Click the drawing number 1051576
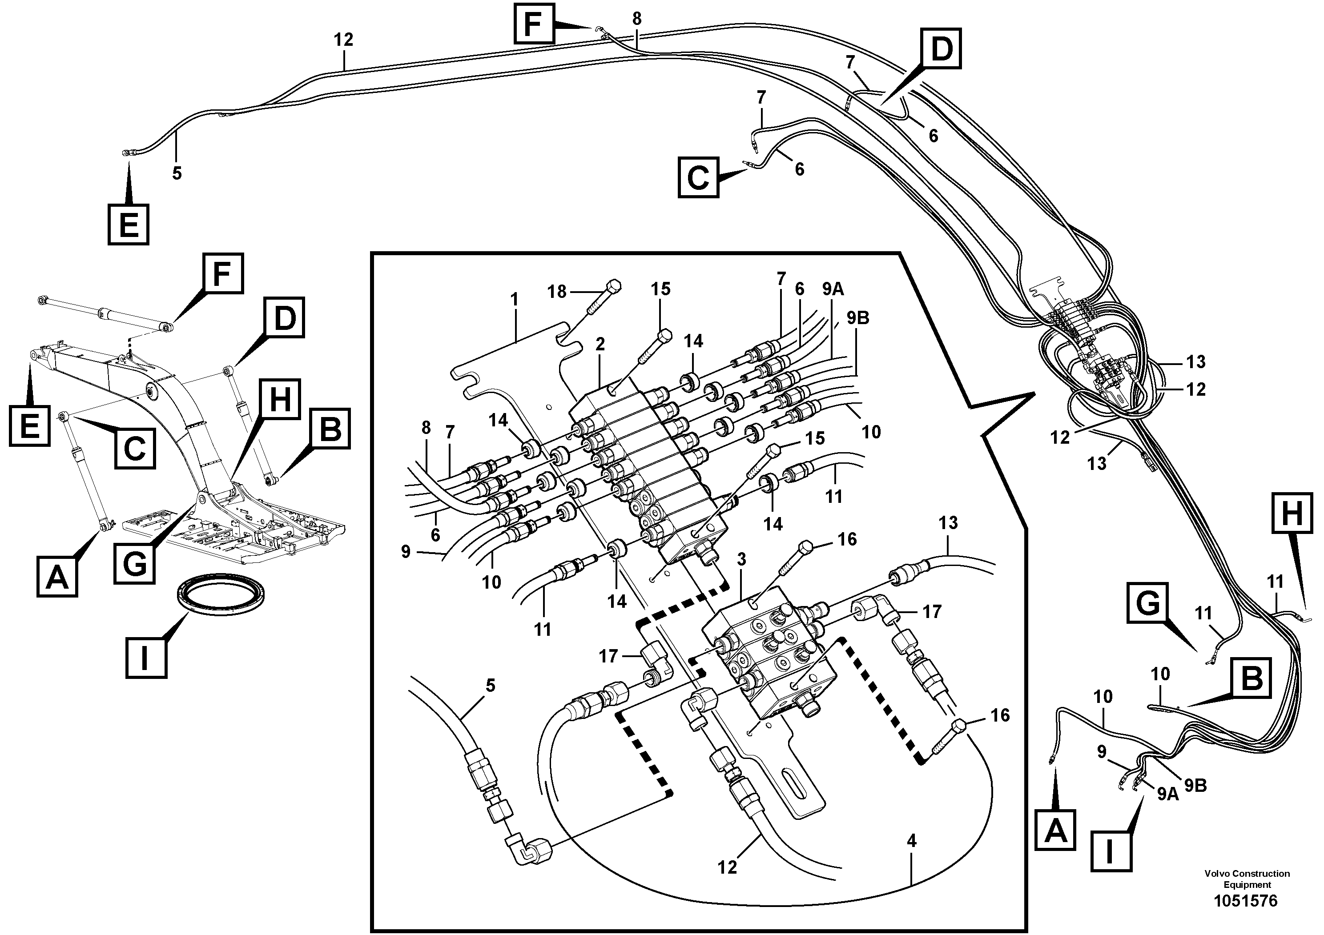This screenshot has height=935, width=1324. (x=1246, y=900)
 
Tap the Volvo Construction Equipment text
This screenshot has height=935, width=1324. (x=1246, y=879)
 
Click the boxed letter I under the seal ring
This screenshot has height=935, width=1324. (x=146, y=657)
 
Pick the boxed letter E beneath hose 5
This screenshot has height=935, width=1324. (x=128, y=224)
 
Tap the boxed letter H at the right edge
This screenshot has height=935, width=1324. (x=1291, y=513)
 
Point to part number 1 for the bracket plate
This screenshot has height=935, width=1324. (x=515, y=299)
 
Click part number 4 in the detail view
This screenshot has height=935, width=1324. (x=911, y=841)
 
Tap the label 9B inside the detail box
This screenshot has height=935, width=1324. (x=857, y=317)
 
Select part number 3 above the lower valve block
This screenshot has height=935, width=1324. (x=741, y=559)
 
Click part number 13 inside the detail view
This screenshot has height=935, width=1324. (x=948, y=522)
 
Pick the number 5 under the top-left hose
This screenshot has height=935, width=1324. (x=177, y=173)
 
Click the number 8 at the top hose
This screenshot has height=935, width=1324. (x=636, y=19)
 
